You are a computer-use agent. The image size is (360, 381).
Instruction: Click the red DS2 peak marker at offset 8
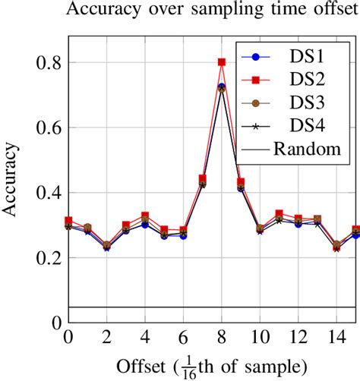222,62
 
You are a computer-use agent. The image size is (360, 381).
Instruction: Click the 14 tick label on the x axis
336,338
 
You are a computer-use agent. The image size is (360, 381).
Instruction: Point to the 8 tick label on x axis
222,338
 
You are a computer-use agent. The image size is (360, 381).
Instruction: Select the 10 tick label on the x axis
260,338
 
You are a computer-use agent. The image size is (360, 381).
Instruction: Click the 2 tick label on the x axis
106,338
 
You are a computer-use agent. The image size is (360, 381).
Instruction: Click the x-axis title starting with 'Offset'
213,366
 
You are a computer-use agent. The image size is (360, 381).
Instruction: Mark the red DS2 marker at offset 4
145,216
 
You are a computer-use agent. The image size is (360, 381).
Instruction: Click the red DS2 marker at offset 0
68,221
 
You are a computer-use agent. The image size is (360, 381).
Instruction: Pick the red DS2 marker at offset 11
279,214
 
